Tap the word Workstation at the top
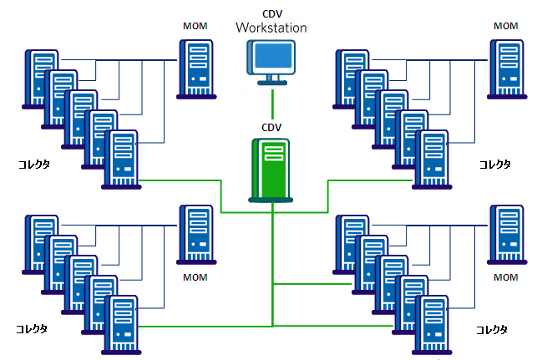click(x=271, y=28)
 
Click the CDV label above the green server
click(x=272, y=127)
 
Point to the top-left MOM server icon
click(x=197, y=68)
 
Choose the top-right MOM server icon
click(x=507, y=68)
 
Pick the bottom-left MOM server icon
click(x=197, y=234)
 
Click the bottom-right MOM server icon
click(x=507, y=234)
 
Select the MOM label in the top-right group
click(x=506, y=26)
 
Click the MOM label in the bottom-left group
click(x=195, y=277)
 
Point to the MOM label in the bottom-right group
click(x=506, y=277)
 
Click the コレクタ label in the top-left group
click(x=34, y=164)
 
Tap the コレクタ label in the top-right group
click(x=494, y=164)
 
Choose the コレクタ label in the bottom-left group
click(x=32, y=328)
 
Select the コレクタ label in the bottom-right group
click(x=492, y=329)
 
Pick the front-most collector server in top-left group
click(x=120, y=159)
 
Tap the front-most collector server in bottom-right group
click(x=431, y=325)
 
